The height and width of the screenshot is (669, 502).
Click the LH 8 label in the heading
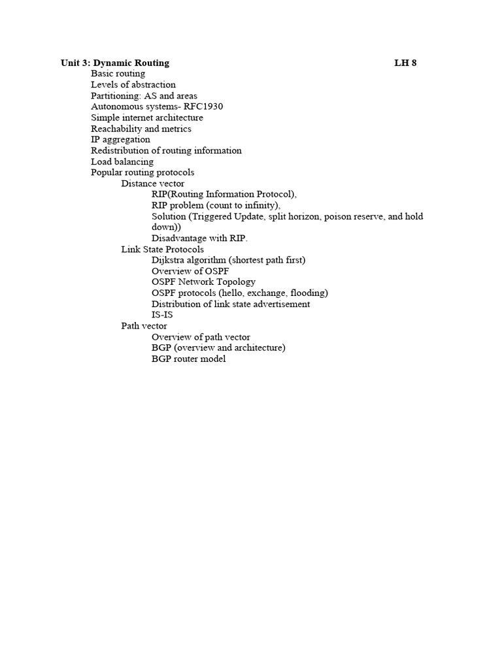[405, 63]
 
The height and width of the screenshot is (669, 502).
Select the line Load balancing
[122, 161]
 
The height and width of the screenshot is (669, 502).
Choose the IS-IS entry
[162, 315]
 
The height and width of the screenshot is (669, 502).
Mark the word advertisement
[277, 304]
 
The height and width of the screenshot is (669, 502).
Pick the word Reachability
[116, 129]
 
